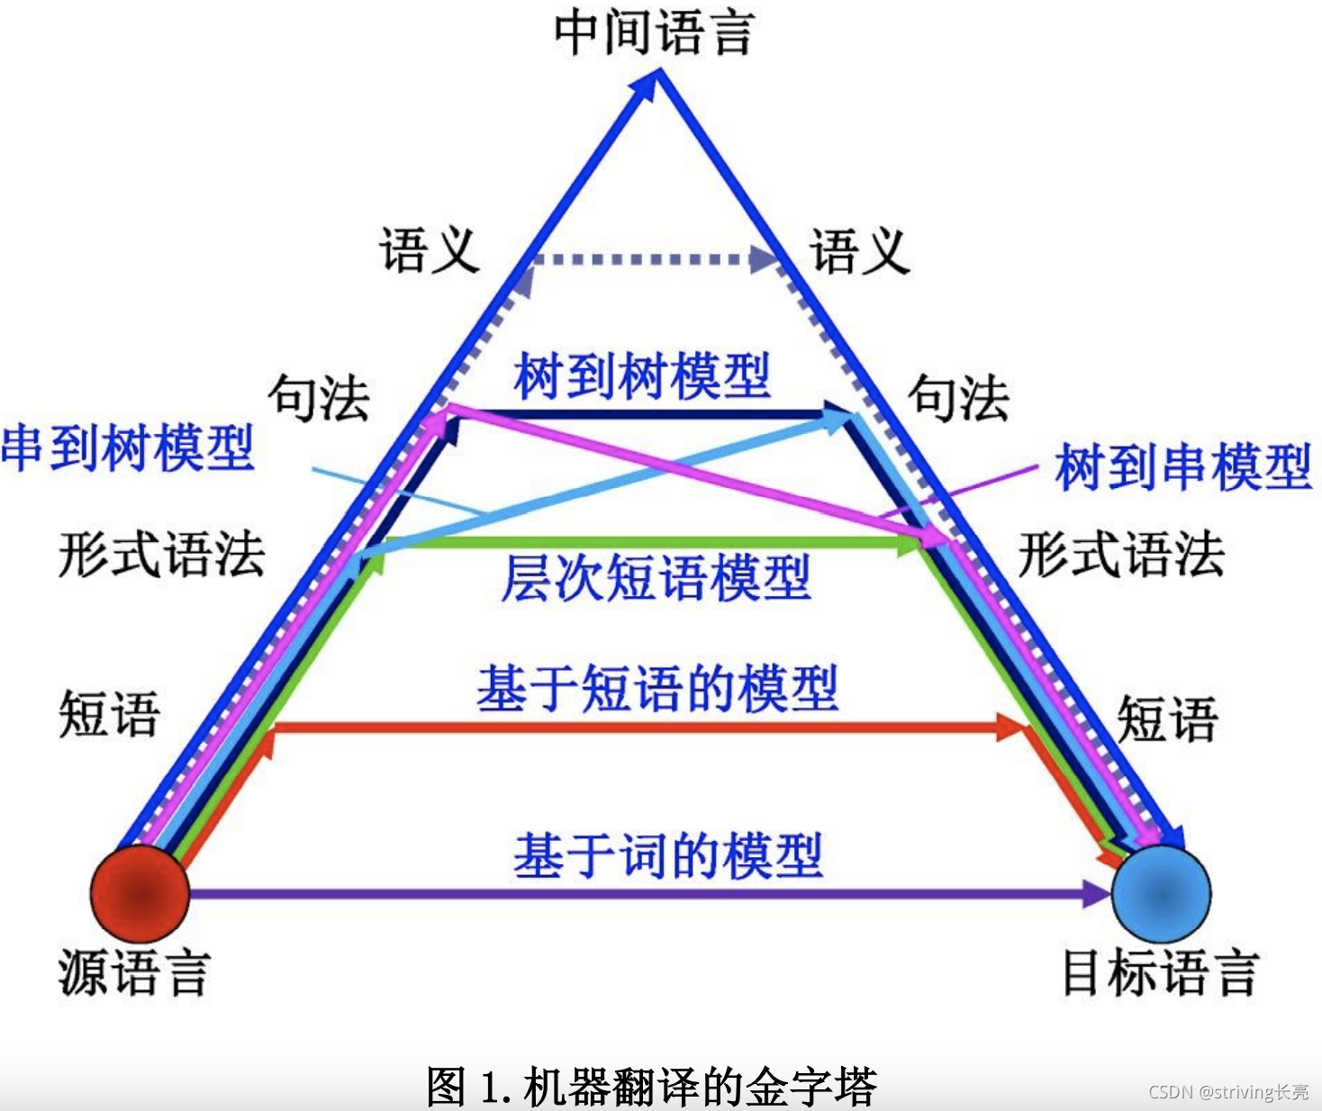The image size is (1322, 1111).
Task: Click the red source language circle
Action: (140, 892)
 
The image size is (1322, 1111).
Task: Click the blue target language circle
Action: (1161, 893)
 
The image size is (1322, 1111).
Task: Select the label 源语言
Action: (134, 972)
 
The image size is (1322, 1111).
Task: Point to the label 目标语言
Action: (1160, 972)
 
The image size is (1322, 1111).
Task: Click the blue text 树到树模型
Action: (642, 375)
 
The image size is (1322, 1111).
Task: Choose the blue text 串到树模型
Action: (128, 447)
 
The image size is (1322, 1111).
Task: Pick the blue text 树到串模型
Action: (1183, 466)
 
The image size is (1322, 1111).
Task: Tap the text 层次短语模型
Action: (656, 577)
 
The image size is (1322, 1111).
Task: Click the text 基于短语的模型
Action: (657, 689)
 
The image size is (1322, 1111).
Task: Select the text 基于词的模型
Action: (667, 854)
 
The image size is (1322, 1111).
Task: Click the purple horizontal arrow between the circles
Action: (630, 893)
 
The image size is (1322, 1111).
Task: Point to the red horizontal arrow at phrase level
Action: (630, 727)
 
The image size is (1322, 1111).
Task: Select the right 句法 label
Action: (958, 398)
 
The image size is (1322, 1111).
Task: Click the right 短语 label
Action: (1167, 718)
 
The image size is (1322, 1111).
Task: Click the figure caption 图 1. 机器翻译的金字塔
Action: (651, 1086)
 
